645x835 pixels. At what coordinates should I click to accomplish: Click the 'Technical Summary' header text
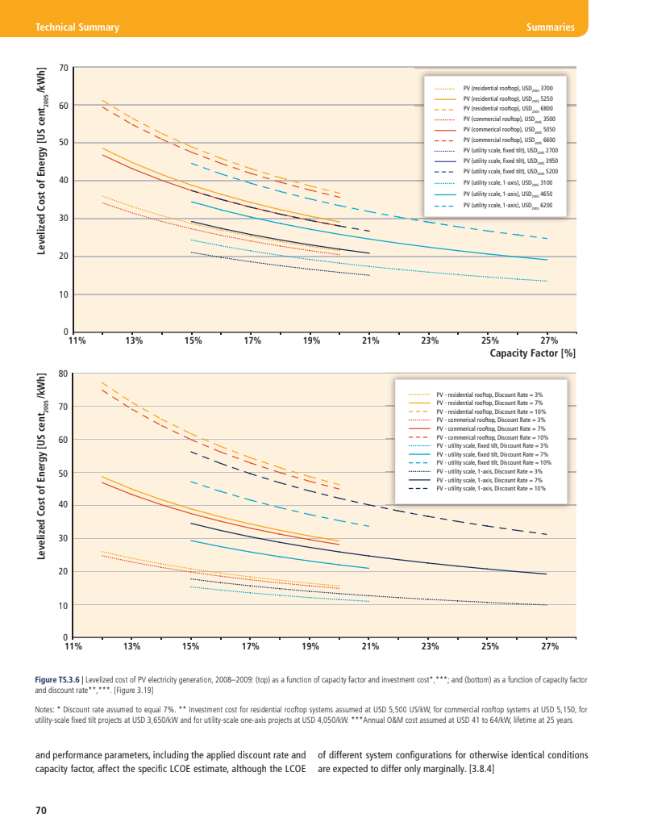73,27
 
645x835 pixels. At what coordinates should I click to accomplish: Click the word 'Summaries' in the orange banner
549,27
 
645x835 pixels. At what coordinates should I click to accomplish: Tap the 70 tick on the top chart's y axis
64,68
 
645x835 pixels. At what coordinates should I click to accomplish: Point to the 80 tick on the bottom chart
64,374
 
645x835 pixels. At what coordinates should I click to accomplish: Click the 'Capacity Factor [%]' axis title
533,353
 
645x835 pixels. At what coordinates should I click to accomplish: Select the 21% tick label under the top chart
371,340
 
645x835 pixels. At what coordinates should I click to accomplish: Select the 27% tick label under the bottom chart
550,646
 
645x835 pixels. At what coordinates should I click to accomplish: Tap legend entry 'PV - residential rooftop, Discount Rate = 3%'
489,393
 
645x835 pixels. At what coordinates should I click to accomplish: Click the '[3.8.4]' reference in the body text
479,769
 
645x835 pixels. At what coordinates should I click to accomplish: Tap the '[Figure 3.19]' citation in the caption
129,691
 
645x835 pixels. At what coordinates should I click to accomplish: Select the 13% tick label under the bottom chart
132,646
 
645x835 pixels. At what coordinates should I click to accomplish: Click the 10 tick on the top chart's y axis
64,294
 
